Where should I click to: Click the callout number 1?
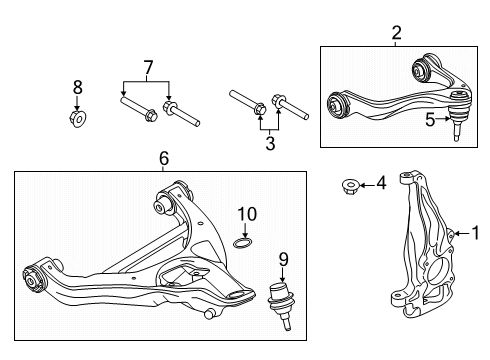click(476, 233)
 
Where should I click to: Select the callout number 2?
click(396, 33)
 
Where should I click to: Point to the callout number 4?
click(380, 184)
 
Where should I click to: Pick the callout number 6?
click(163, 157)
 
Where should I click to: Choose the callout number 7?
click(147, 67)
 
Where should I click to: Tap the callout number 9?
click(282, 258)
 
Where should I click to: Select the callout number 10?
click(246, 213)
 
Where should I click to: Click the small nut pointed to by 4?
click(350, 185)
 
